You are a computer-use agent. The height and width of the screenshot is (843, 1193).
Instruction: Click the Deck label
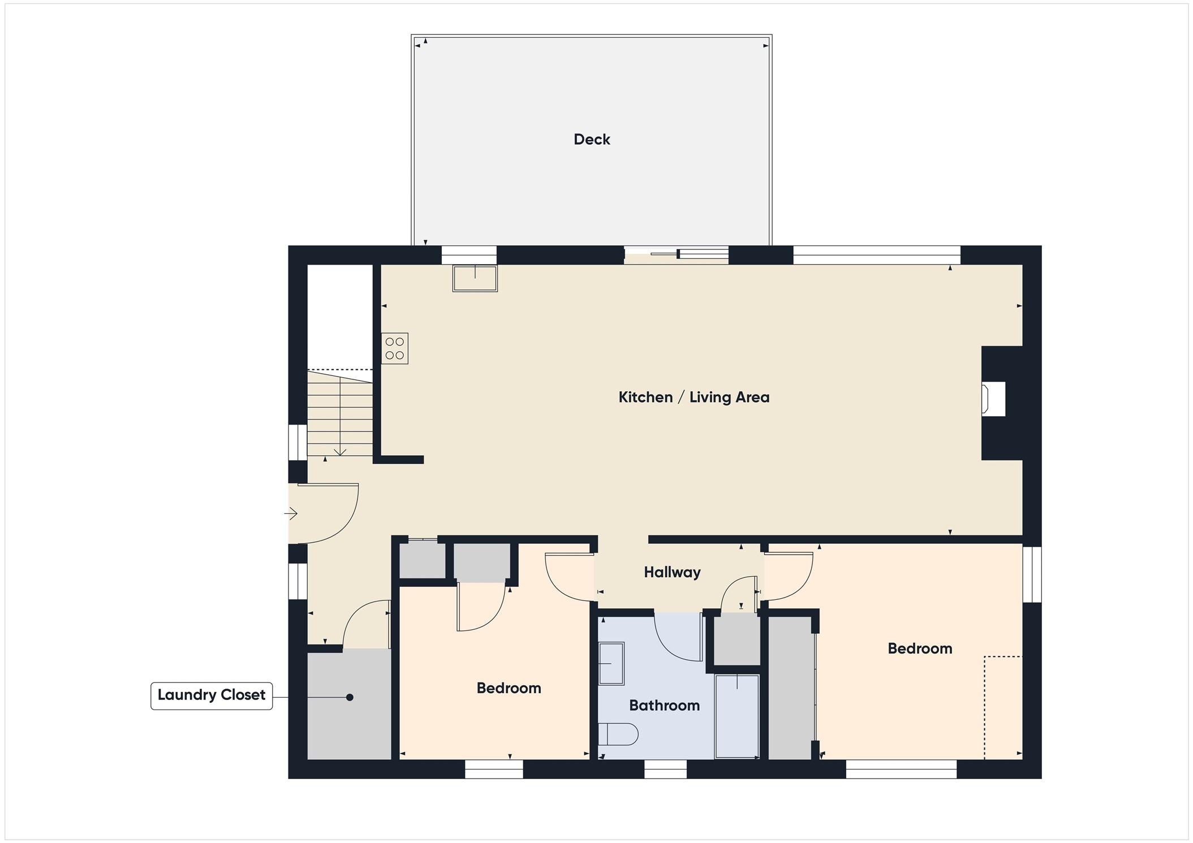pos(592,140)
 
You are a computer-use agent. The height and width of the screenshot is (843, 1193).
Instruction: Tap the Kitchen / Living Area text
pos(694,397)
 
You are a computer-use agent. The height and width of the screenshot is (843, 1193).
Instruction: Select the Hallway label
pos(672,572)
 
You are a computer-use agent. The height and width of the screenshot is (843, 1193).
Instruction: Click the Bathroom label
pos(664,705)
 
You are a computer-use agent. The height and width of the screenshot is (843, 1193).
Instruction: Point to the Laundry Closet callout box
pos(212,695)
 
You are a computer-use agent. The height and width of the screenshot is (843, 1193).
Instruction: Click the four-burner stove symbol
pos(394,348)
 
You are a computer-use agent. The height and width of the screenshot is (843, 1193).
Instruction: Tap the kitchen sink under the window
pos(475,278)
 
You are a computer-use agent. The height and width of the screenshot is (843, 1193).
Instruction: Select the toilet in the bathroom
pos(618,734)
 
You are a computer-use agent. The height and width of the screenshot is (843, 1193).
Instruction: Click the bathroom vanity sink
pos(611,664)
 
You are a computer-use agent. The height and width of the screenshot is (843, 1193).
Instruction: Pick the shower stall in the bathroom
pos(737,716)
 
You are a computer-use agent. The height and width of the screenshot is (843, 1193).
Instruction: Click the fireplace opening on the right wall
pos(994,399)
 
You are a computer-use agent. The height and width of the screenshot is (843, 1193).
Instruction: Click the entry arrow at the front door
pos(291,513)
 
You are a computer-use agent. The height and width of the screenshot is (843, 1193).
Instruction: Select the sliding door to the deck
pos(676,254)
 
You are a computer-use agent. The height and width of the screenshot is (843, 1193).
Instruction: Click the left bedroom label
pos(509,688)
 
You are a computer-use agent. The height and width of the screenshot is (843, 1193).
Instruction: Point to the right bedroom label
pos(920,649)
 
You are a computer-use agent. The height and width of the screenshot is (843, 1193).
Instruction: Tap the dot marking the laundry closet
pos(350,697)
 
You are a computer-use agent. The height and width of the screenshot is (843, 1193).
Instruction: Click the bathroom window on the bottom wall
pos(665,769)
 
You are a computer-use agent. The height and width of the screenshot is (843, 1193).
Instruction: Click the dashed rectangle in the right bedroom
pos(1003,707)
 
